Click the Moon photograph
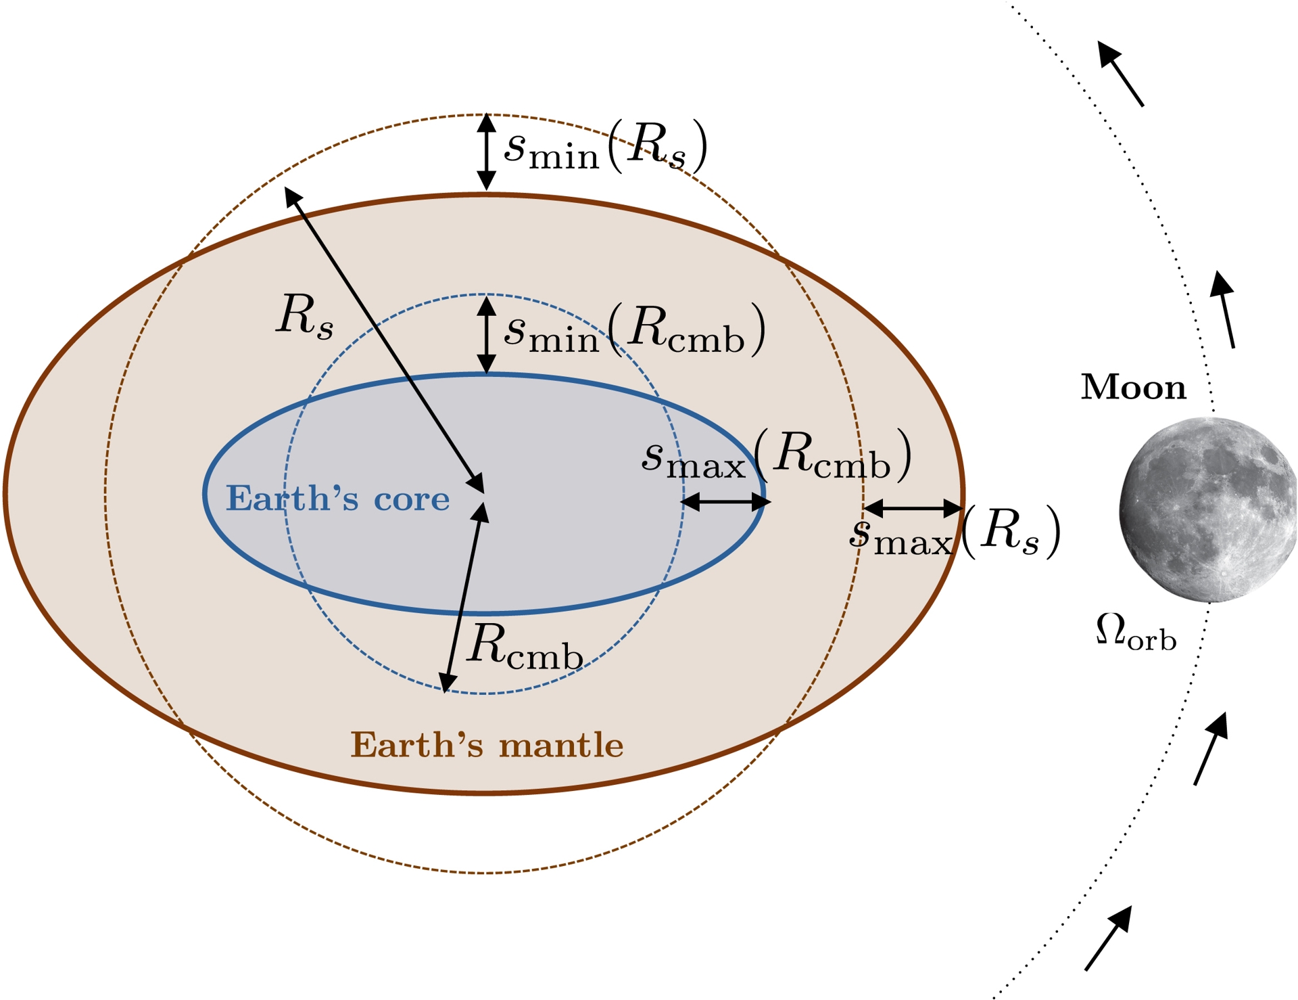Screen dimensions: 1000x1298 pos(1207,510)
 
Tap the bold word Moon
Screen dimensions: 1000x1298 pos(1134,388)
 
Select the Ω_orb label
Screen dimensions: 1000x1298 pos(1136,632)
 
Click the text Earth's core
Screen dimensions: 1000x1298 pos(337,499)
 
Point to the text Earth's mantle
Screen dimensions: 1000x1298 pos(487,745)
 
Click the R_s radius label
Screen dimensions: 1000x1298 pos(305,316)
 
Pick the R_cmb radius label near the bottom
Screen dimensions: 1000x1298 pos(525,647)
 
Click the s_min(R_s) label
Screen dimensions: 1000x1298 pos(606,146)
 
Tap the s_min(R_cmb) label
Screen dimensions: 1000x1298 pos(635,331)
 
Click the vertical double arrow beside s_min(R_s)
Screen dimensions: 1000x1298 pos(486,152)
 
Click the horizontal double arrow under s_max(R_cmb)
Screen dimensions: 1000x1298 pos(725,502)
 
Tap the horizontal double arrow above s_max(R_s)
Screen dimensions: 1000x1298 pos(913,507)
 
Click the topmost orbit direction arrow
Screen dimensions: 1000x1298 pos(1120,73)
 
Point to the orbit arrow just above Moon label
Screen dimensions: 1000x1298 pos(1224,309)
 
